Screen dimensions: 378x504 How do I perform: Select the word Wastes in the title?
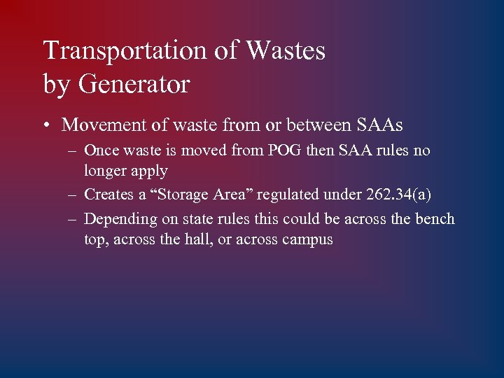tap(287, 50)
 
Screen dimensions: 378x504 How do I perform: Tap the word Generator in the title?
tap(134, 84)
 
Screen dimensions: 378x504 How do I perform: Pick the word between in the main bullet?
tap(301, 125)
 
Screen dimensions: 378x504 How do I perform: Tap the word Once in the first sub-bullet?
tap(102, 150)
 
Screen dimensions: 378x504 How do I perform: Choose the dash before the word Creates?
tap(72, 195)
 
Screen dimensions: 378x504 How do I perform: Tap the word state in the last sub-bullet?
tap(198, 219)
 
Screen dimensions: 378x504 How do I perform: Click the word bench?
tap(435, 219)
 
